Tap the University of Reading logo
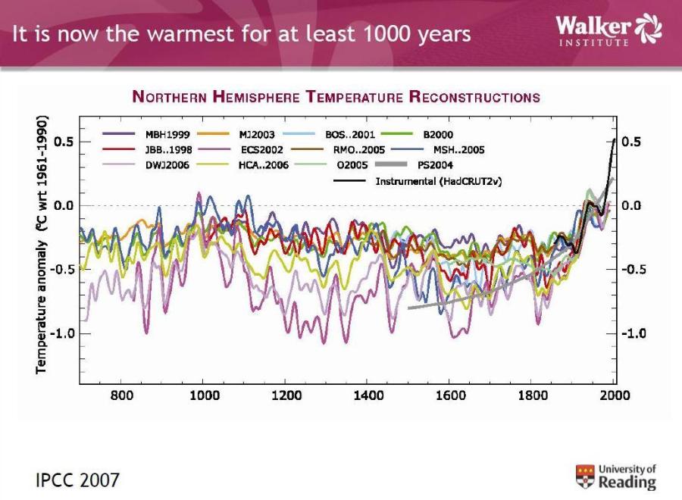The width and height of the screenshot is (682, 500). point(616,477)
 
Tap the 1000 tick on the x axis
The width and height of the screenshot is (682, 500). point(204,395)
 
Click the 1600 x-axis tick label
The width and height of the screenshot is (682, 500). point(449,395)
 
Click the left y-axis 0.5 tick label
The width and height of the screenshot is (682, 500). point(63,142)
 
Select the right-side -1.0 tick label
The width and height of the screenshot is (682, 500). point(634,333)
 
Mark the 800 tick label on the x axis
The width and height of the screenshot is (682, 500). point(122,395)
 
